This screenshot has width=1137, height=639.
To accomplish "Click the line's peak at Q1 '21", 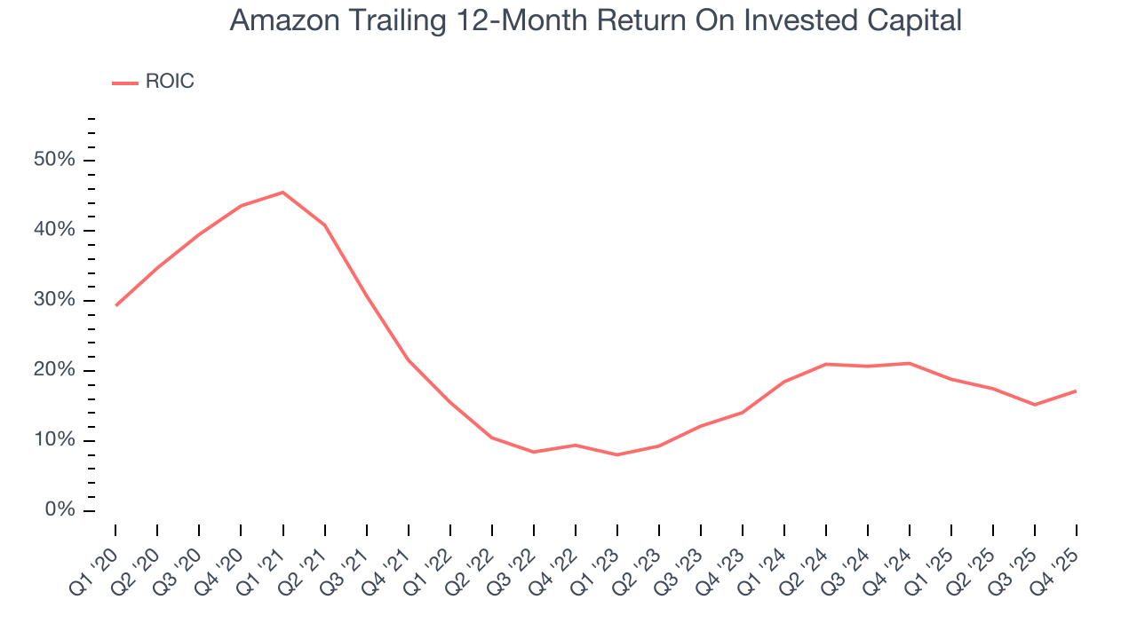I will (x=282, y=193).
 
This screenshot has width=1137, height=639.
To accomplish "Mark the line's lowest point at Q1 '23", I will (x=616, y=455).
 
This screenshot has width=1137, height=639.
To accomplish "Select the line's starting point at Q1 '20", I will (x=115, y=305).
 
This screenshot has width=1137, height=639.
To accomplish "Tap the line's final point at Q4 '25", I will (x=1077, y=390).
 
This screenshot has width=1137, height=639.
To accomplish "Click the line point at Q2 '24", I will (x=826, y=364).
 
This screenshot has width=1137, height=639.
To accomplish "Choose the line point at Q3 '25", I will (x=1035, y=405).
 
